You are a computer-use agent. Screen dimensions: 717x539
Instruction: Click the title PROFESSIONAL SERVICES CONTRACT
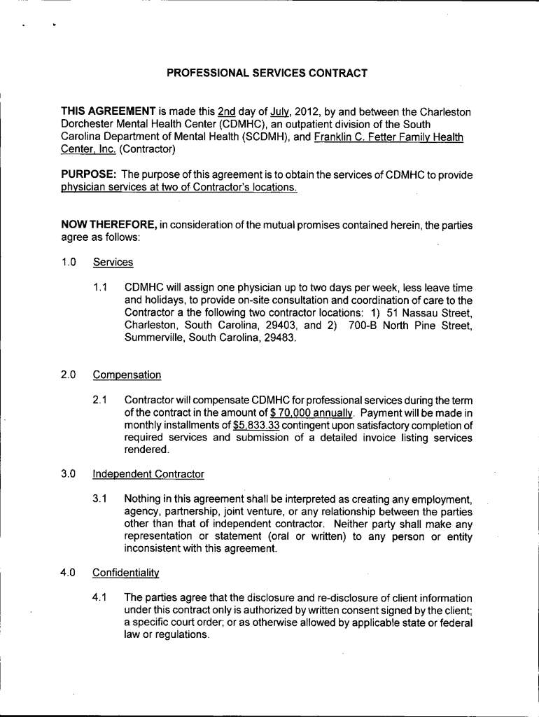tap(267, 73)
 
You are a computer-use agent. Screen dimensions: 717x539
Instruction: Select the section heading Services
tap(113, 263)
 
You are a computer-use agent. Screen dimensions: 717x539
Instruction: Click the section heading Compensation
tap(127, 375)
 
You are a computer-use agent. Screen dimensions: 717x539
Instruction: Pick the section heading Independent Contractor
tap(148, 474)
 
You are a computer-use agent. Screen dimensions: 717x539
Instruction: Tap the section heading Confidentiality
tap(126, 573)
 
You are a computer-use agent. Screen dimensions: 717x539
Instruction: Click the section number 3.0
tap(68, 474)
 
